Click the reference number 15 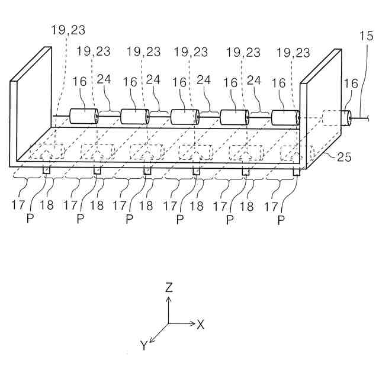[x=366, y=37]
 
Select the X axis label [x=201, y=324]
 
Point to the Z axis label [x=169, y=288]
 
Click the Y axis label [x=143, y=345]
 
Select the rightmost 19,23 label [x=293, y=52]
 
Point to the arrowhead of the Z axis [x=169, y=299]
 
